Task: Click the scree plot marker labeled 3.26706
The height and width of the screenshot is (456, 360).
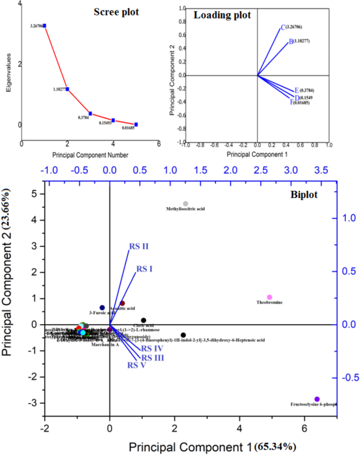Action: click(x=45, y=25)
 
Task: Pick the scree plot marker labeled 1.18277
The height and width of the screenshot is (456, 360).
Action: click(x=67, y=89)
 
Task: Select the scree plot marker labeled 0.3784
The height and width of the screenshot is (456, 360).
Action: click(x=90, y=113)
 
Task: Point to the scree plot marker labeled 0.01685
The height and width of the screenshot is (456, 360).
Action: click(x=136, y=125)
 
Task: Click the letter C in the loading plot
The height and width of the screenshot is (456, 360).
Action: click(x=283, y=27)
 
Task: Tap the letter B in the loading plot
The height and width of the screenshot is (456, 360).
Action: click(x=291, y=42)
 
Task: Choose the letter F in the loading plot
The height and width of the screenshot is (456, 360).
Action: click(x=292, y=102)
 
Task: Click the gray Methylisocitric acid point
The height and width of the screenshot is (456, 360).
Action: click(x=185, y=203)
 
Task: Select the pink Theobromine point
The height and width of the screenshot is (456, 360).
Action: click(x=270, y=297)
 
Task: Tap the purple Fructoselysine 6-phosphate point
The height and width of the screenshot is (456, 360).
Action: click(x=317, y=399)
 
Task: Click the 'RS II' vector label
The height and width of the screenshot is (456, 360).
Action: click(x=138, y=246)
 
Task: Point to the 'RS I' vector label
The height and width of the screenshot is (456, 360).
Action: click(x=145, y=268)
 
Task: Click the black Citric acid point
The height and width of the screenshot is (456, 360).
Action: click(x=143, y=320)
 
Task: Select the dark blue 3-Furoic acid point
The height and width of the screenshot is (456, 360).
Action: click(x=102, y=308)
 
